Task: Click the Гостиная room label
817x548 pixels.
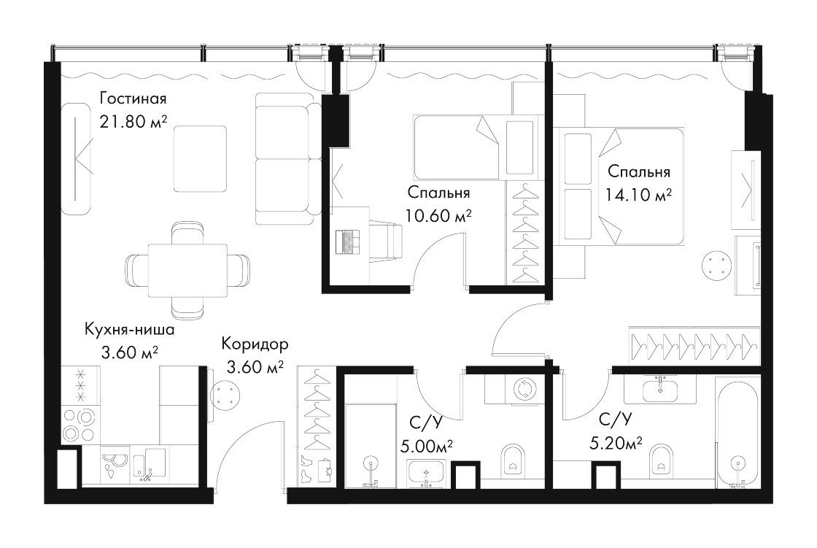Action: click(133, 99)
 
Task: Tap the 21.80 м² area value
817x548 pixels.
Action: click(133, 122)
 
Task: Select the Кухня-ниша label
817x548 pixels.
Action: click(129, 330)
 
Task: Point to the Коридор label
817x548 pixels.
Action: click(255, 344)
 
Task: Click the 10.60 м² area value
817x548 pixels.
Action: click(438, 215)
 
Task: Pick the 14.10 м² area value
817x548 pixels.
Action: click(638, 195)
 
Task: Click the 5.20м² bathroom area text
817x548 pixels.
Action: click(616, 443)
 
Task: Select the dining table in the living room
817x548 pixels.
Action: click(187, 270)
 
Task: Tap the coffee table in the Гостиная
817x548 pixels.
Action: click(200, 159)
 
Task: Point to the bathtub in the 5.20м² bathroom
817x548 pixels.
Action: click(737, 432)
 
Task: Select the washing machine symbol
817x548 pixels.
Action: click(522, 389)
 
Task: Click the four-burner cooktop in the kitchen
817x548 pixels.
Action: click(80, 425)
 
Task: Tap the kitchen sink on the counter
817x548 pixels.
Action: click(149, 464)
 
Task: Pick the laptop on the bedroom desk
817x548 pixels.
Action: click(348, 242)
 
